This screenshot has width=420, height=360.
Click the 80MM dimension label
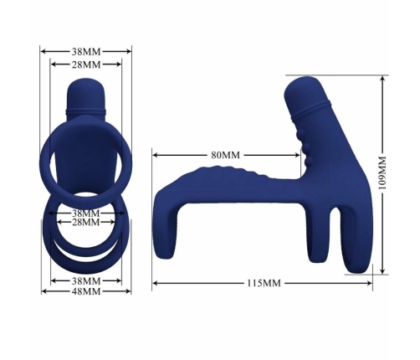click(x=224, y=155)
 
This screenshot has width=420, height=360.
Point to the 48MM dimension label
click(x=85, y=292)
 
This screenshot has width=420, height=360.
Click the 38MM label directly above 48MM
click(x=85, y=280)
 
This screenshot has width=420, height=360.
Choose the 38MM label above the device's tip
click(x=85, y=50)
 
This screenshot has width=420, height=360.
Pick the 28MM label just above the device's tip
click(x=85, y=64)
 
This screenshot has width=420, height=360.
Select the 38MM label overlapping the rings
click(x=85, y=213)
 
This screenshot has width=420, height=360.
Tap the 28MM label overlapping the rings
click(x=85, y=224)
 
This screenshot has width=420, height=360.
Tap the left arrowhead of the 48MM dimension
click(x=43, y=292)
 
